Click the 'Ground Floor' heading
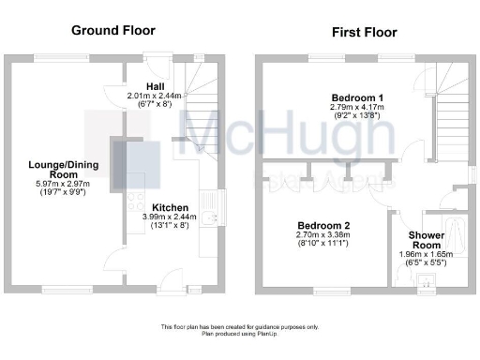(112, 30)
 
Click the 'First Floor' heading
(365, 32)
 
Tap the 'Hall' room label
(155, 86)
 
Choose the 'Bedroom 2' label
(323, 226)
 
